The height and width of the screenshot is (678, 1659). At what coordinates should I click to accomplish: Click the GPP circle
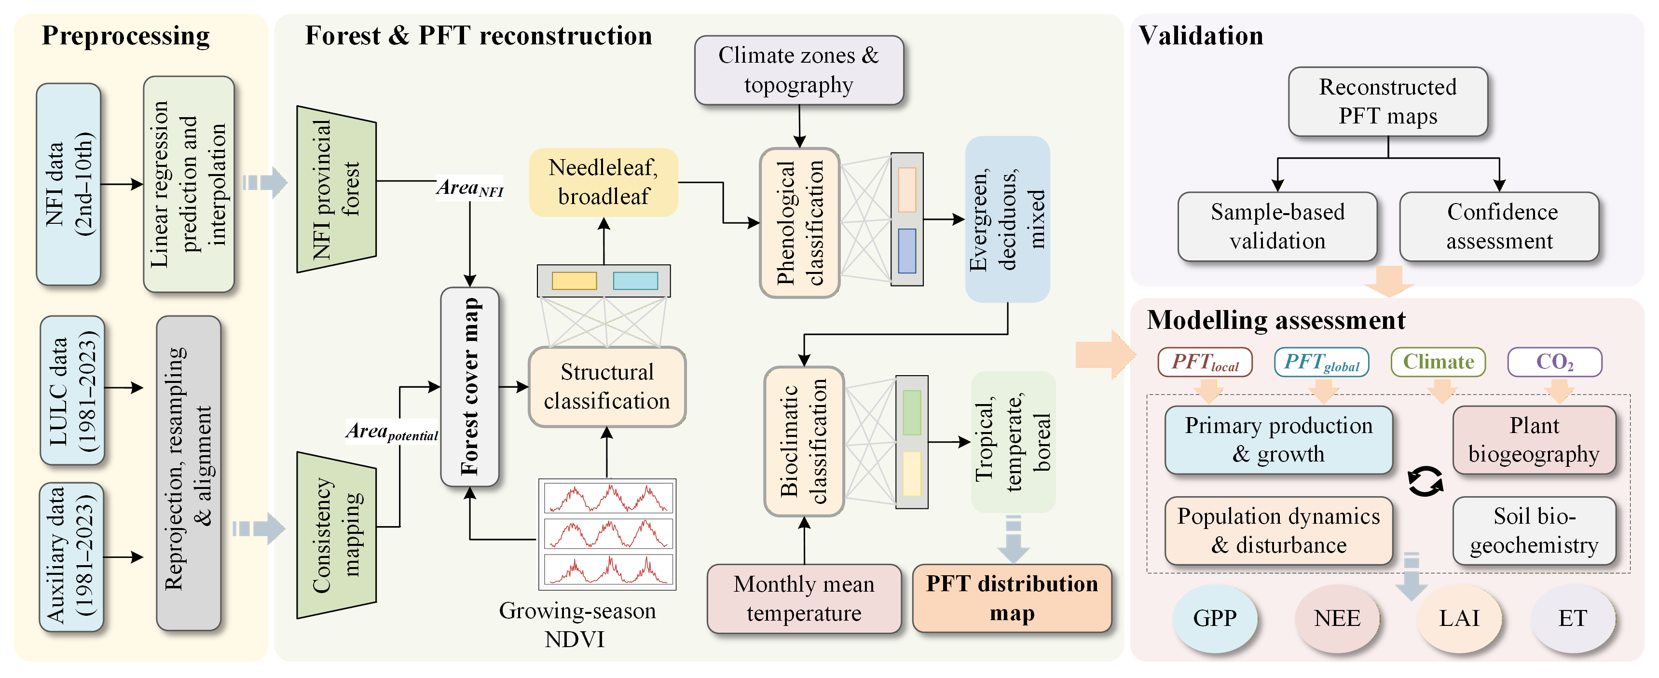pos(1215,618)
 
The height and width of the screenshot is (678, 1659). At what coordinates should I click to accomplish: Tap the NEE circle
pos(1337,618)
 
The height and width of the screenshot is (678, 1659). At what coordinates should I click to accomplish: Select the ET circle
pos(1572,618)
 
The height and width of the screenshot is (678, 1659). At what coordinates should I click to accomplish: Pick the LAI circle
pos(1459,618)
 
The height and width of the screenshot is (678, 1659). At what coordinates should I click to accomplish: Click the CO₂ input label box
pos(1555,362)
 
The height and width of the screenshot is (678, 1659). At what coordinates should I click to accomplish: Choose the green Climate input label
pos(1438,362)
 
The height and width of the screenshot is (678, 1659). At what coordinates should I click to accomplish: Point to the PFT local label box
pos(1204,362)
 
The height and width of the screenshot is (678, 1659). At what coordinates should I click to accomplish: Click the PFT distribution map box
pos(1012,598)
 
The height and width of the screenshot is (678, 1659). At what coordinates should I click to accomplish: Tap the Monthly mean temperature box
pos(804,598)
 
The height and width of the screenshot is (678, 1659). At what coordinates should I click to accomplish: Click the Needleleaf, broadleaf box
pos(603,182)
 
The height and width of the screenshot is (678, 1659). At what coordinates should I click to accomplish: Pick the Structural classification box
pos(607,386)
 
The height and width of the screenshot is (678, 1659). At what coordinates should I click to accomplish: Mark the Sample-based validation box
pos(1277,227)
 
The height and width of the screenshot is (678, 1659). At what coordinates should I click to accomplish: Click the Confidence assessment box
pos(1499,227)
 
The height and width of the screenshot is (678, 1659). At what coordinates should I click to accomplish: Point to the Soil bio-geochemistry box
pos(1534,530)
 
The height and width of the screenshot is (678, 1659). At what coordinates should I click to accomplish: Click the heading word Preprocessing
pos(125,36)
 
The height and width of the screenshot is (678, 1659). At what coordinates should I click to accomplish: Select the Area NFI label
pos(469,189)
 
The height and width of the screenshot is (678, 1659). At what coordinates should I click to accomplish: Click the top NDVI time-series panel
pos(608,498)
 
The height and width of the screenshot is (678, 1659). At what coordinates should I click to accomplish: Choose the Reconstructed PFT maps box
pos(1388,102)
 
